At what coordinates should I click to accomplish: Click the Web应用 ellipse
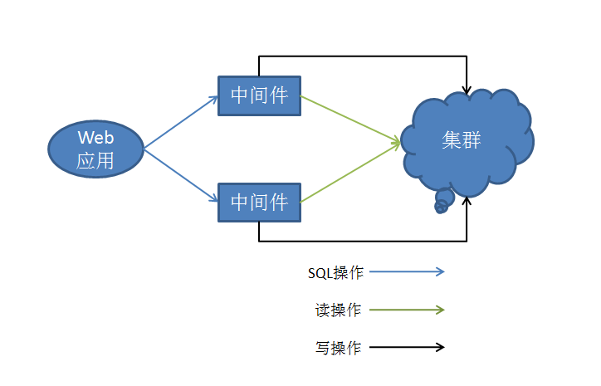(x=95, y=149)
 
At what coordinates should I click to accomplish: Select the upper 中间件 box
(x=259, y=96)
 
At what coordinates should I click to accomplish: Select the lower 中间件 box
(x=259, y=202)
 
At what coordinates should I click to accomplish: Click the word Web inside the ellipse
(x=95, y=137)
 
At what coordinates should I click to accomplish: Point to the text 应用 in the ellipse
(x=95, y=160)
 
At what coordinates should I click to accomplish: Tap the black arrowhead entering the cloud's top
(x=468, y=89)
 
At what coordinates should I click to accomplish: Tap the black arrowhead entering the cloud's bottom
(x=468, y=200)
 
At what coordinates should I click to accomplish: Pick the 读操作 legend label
(x=338, y=310)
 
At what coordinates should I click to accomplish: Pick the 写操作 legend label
(x=338, y=348)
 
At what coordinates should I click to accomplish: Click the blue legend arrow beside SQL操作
(x=407, y=271)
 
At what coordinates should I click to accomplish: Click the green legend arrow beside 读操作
(x=407, y=310)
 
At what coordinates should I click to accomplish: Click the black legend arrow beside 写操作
(x=407, y=347)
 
